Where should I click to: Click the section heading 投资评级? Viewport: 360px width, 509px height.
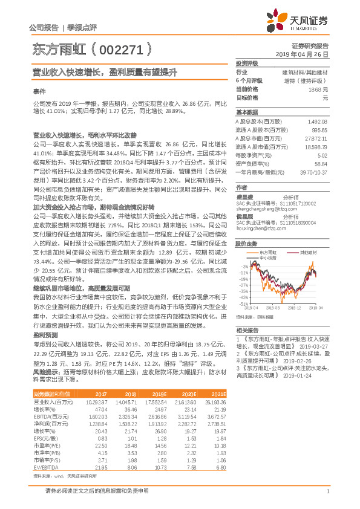(247, 63)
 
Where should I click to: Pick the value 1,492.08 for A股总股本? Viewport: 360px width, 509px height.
(318, 122)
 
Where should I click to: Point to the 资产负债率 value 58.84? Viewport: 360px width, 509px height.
(321, 163)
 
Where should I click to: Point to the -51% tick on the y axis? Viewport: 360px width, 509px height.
(243, 303)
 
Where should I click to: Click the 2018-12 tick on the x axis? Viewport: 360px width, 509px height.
(295, 308)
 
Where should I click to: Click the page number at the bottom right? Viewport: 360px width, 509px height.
(327, 491)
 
